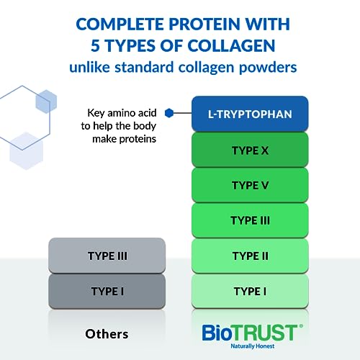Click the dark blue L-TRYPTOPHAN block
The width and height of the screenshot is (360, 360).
(x=250, y=114)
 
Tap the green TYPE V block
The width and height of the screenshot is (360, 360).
(x=250, y=184)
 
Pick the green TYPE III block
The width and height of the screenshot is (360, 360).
(x=250, y=220)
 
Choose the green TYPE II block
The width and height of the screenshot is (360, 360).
(x=250, y=256)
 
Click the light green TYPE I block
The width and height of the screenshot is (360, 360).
(x=250, y=291)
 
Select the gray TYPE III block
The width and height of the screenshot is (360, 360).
(x=107, y=256)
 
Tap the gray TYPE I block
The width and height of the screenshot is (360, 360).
(x=107, y=291)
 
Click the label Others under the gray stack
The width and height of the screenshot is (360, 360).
(x=107, y=333)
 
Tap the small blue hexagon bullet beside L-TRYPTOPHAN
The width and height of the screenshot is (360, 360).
(x=169, y=112)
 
